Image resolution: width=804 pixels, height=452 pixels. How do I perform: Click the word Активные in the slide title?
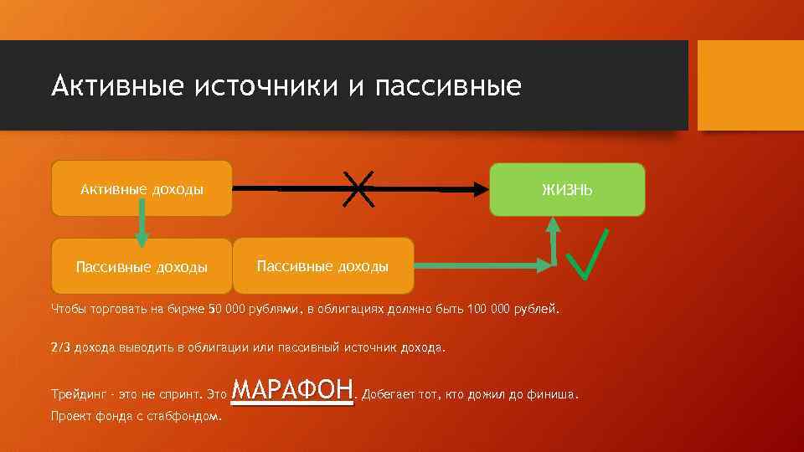click(x=116, y=86)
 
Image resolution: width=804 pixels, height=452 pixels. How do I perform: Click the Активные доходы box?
click(x=142, y=189)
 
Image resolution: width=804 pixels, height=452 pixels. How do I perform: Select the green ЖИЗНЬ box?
click(x=567, y=190)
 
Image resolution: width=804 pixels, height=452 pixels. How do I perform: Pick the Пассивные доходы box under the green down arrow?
click(x=142, y=267)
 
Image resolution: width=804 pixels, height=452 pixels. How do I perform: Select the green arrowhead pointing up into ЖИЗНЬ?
click(x=553, y=224)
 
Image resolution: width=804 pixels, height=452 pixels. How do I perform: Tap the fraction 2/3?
click(x=60, y=347)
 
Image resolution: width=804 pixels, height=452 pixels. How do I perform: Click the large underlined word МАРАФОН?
click(x=292, y=390)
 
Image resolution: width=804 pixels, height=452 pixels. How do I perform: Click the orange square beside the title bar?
click(x=750, y=86)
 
